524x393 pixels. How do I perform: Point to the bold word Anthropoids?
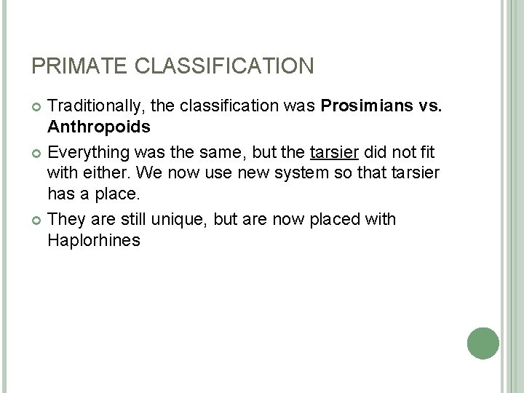[99, 128]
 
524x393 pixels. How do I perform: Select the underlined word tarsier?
[332, 154]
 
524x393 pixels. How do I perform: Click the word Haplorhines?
[93, 240]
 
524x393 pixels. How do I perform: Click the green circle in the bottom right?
[482, 342]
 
